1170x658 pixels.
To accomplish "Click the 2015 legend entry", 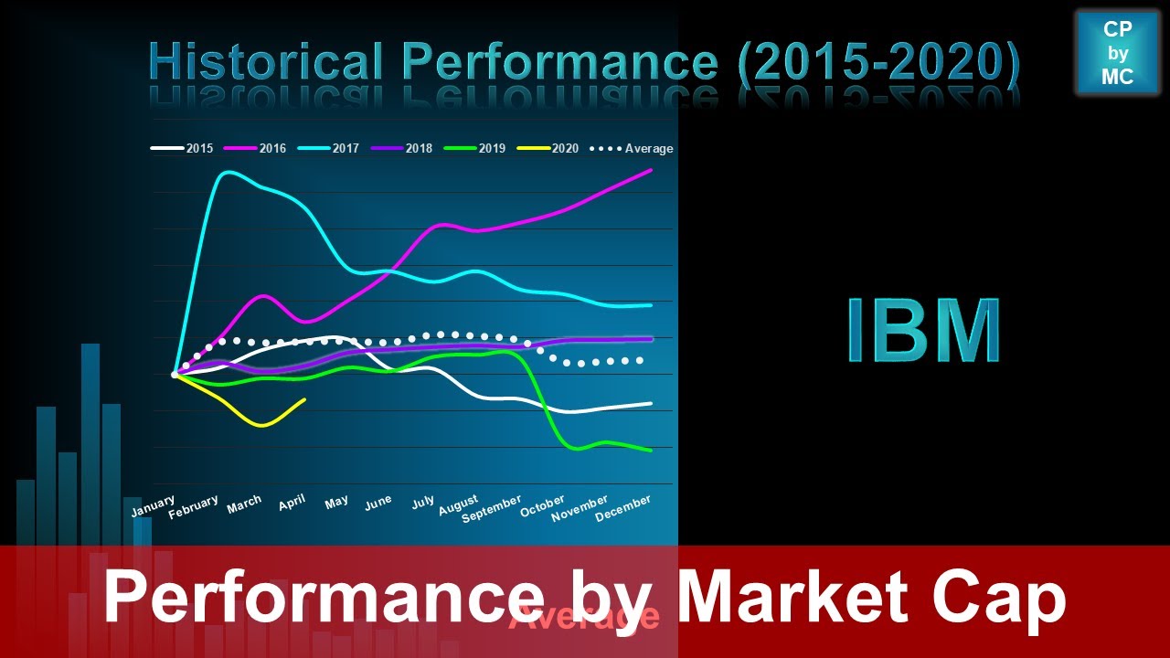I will (183, 148).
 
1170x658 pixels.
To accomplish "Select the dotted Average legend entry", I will (633, 148).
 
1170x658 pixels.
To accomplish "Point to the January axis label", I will (153, 507).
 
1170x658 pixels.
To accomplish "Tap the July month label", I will (423, 503).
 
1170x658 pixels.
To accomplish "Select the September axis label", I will (492, 509).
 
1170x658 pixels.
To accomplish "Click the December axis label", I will (623, 508).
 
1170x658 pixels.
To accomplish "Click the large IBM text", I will (923, 331).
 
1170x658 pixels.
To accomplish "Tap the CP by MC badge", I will (1117, 53).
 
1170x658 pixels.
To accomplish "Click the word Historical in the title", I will (266, 62).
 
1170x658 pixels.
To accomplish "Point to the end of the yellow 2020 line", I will (304, 398).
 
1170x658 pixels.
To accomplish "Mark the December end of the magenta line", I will (651, 170).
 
